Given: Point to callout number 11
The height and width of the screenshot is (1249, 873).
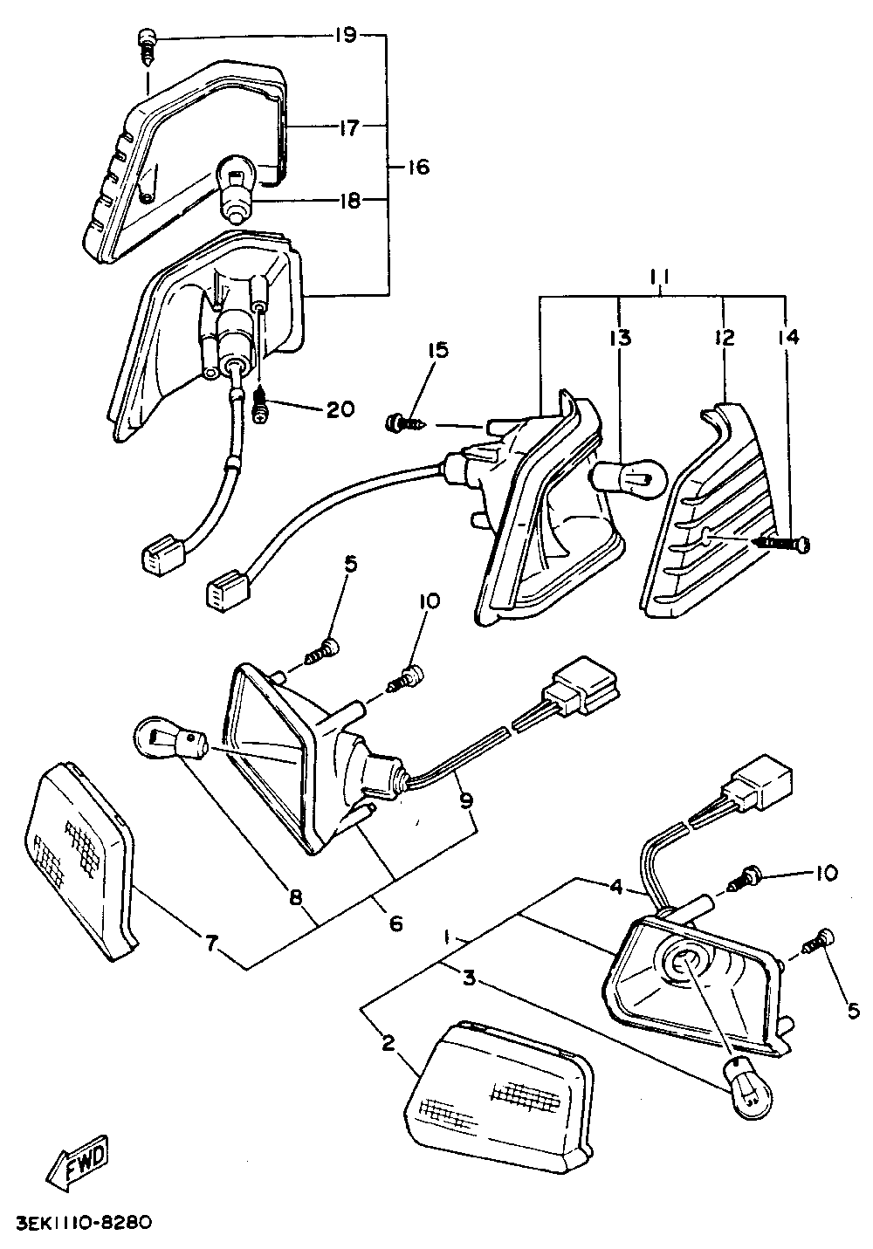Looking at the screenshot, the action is tap(660, 278).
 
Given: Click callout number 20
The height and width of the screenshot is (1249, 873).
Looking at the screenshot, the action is tap(340, 410).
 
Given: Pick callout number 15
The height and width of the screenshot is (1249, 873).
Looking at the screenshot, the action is tap(438, 350).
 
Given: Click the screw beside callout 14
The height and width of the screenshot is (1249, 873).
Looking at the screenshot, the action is tap(780, 543).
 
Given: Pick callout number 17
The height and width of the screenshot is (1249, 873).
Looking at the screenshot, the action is tap(349, 129).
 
